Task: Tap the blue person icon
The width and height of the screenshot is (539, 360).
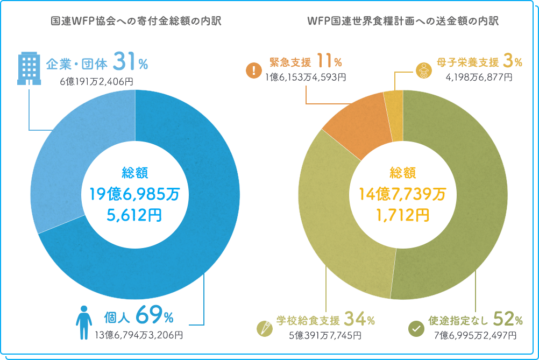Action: (83, 322)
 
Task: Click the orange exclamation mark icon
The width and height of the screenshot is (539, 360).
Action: (253, 70)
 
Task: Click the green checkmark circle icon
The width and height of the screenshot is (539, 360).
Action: (415, 328)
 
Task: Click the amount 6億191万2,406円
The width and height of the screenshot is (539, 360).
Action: (97, 82)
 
